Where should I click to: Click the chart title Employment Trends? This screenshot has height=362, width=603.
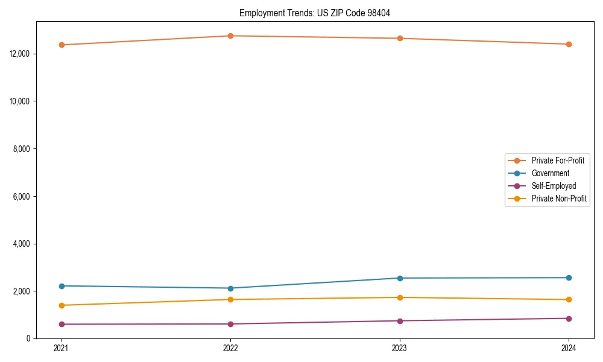pyautogui.click(x=315, y=13)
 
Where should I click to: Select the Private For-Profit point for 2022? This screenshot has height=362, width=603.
pyautogui.click(x=230, y=36)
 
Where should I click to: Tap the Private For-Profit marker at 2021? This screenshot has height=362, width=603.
pyautogui.click(x=62, y=45)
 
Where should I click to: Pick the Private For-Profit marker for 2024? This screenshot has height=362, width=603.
pyautogui.click(x=569, y=44)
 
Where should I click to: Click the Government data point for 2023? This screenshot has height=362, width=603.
pyautogui.click(x=400, y=278)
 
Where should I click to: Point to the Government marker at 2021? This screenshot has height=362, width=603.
pyautogui.click(x=62, y=286)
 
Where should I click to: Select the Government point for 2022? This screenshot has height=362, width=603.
pyautogui.click(x=230, y=288)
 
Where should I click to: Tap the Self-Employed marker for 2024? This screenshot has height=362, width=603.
pyautogui.click(x=569, y=319)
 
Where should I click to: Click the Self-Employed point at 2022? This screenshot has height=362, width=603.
pyautogui.click(x=230, y=324)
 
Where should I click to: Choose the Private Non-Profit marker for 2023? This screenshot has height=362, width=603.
pyautogui.click(x=400, y=297)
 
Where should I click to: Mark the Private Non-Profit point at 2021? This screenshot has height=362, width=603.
pyautogui.click(x=62, y=305)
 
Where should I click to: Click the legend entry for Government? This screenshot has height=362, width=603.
pyautogui.click(x=550, y=173)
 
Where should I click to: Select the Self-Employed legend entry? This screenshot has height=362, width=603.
pyautogui.click(x=554, y=186)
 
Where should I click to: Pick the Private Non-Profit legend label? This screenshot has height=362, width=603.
pyautogui.click(x=559, y=198)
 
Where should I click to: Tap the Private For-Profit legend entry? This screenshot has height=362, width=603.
pyautogui.click(x=558, y=160)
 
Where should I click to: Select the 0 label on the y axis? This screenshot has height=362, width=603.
pyautogui.click(x=28, y=338)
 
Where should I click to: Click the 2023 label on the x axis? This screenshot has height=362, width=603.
pyautogui.click(x=400, y=348)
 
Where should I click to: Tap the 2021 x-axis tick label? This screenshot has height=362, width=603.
pyautogui.click(x=62, y=348)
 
